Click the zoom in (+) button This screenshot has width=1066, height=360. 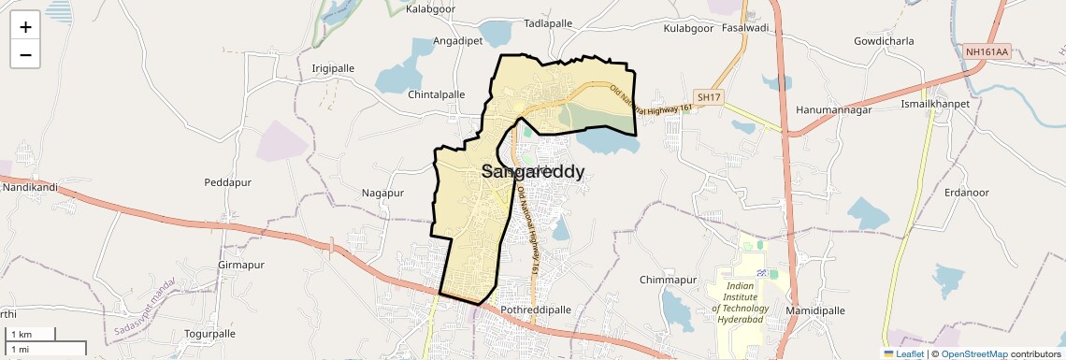click(25, 26)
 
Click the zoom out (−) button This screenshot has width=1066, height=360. click(25, 54)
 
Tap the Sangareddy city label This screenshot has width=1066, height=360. click(533, 172)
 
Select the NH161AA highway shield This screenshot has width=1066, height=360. click(987, 52)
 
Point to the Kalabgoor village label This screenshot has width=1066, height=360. click(432, 9)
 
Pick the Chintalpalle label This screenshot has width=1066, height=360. click(437, 95)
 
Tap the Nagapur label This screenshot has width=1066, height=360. click(382, 193)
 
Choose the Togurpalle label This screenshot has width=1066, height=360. click(210, 334)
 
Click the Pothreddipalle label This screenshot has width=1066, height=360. click(536, 310)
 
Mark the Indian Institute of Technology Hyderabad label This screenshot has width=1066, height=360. click(740, 302)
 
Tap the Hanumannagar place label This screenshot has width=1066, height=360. click(834, 110)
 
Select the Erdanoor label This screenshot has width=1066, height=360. click(967, 193)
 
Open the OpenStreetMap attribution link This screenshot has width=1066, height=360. click(974, 354)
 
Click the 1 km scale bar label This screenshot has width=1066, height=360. click(22, 335)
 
